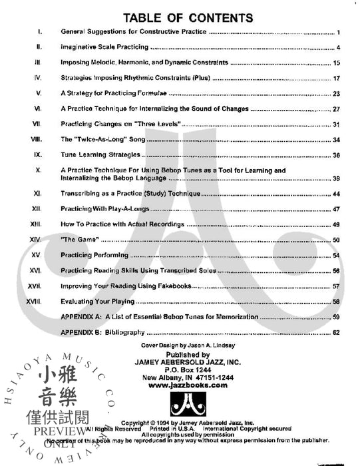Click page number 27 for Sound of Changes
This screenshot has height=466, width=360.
[337, 109]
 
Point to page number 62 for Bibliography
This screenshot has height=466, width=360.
[337, 332]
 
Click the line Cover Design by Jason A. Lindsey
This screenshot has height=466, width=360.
[180, 347]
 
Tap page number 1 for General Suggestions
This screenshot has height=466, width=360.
[339, 32]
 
